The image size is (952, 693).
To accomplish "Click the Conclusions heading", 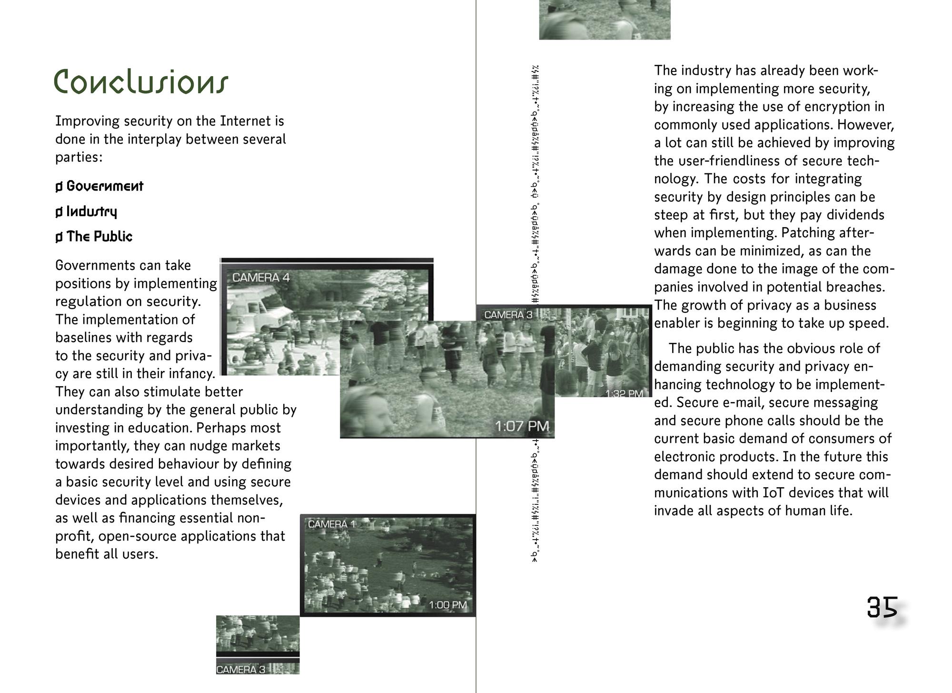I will point(141,82).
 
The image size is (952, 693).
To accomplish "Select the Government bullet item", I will point(104,186).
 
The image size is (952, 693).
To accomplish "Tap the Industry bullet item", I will point(91,211).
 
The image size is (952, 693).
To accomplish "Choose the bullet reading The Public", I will point(99,237).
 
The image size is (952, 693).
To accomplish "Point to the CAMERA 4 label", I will point(260,278).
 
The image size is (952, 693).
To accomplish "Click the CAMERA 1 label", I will point(331,524).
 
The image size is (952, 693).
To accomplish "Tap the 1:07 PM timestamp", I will point(522,426).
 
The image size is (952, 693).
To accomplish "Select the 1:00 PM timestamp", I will point(447,605).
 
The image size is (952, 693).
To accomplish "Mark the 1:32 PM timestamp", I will point(624,393).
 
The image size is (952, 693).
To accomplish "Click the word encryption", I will point(835,106).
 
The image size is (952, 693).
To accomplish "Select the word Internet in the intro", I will point(245,121).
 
